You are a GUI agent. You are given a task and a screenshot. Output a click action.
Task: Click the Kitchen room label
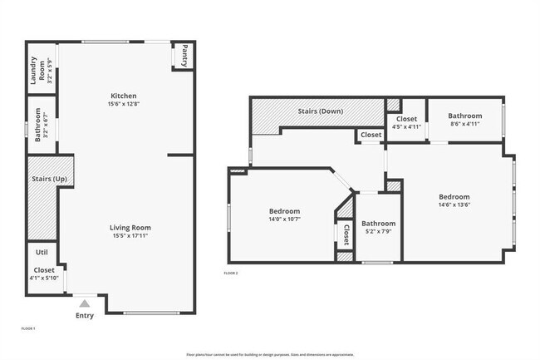coord(124,96)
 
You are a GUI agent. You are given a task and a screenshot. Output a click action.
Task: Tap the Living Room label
coord(130,227)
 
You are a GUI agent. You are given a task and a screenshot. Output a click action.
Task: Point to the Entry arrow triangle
coord(84,304)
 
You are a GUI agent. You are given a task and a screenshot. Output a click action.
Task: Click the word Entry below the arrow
coord(85,315)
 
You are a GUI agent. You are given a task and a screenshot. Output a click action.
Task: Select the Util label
coord(41,251)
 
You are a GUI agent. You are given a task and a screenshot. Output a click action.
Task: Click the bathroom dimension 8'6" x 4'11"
coord(464,124)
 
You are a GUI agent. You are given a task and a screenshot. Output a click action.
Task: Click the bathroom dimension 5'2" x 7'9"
coord(378,231)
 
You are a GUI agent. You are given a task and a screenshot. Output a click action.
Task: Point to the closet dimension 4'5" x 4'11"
coord(406,126)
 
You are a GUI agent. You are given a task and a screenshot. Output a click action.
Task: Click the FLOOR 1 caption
coord(28,329)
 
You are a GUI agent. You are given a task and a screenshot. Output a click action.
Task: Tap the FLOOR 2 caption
coord(231,273)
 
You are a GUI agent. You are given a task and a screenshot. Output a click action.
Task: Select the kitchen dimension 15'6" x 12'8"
coord(124,104)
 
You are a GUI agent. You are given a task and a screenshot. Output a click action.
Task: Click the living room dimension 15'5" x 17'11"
coord(130,235)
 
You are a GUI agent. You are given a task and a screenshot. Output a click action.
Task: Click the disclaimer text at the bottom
coord(269,354)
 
